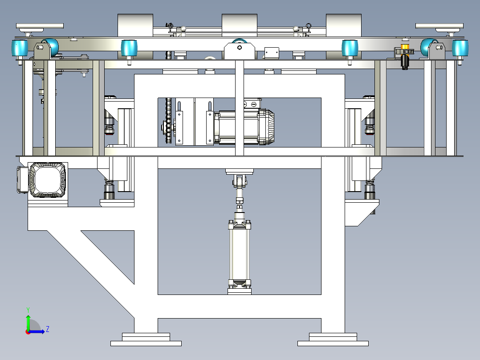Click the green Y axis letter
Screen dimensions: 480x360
tap(28, 310)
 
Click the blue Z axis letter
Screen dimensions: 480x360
tap(48, 329)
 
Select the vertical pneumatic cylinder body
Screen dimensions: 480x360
tap(240, 254)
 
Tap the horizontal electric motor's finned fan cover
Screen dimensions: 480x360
tap(266, 127)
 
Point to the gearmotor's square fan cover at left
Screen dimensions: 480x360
tap(48, 180)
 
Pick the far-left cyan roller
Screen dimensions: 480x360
tap(20, 48)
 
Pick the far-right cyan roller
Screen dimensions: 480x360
tap(460, 48)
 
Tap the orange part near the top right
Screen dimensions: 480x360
tap(405, 47)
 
